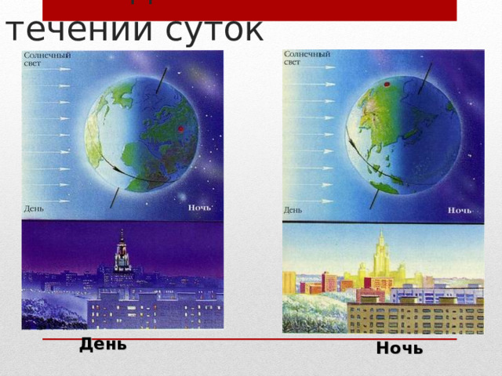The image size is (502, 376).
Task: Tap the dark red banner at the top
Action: tap(249, 9)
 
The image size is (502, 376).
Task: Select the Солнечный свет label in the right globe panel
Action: tap(306, 58)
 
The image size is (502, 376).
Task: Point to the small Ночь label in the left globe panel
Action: tap(199, 208)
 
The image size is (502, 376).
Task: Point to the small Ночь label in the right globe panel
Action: tap(459, 210)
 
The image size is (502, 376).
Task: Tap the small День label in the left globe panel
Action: tap(34, 208)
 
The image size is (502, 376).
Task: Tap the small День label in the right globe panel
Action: tap(293, 210)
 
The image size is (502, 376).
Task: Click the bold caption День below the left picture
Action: tap(103, 344)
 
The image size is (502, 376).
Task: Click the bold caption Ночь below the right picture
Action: tap(399, 349)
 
